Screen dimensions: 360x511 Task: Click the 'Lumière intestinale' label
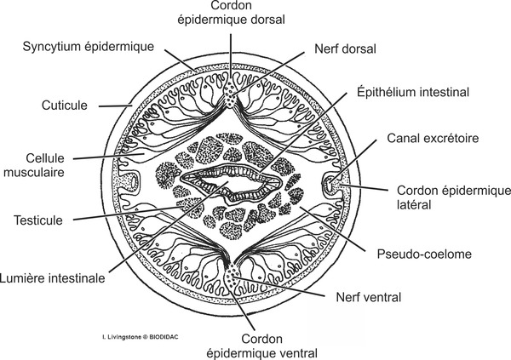pos(53,277)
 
